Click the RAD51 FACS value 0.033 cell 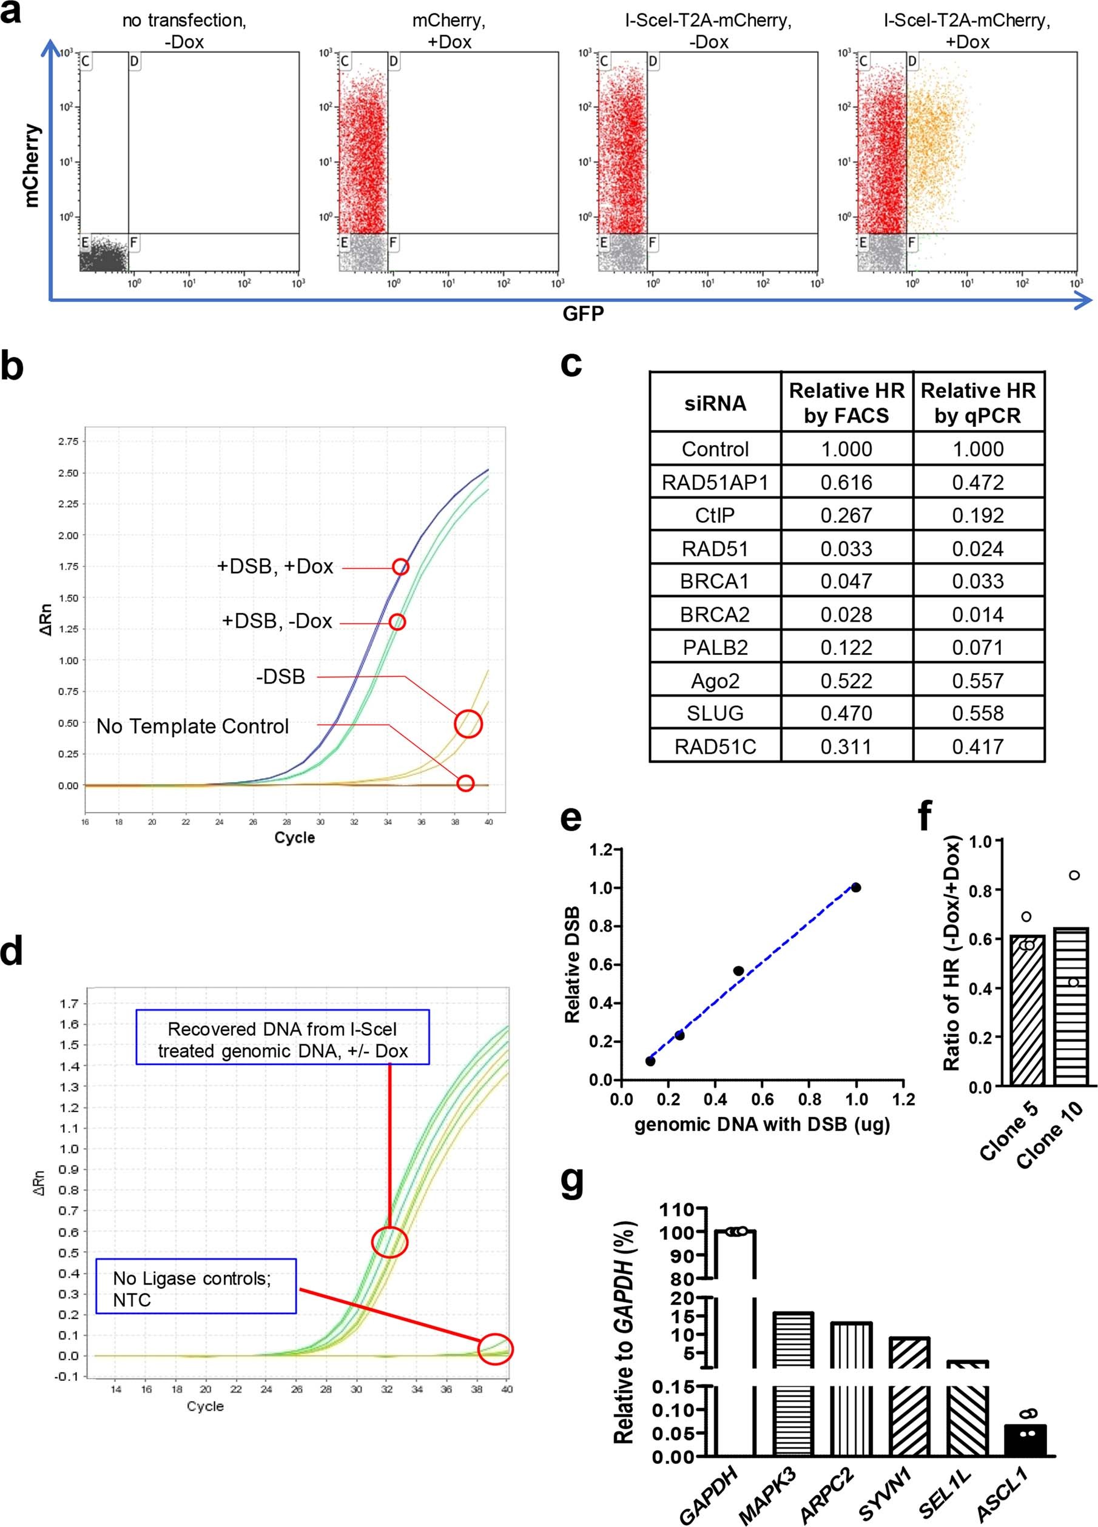pyautogui.click(x=846, y=549)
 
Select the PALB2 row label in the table pyautogui.click(x=715, y=648)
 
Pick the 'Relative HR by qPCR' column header pyautogui.click(x=977, y=403)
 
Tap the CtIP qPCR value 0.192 pyautogui.click(x=977, y=515)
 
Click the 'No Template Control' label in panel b pyautogui.click(x=193, y=727)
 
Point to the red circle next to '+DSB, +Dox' pyautogui.click(x=400, y=567)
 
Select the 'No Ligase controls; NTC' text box pyautogui.click(x=195, y=1289)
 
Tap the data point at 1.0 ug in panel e pyautogui.click(x=855, y=887)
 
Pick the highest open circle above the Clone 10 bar pyautogui.click(x=1074, y=875)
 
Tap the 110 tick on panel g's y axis pyautogui.click(x=681, y=1209)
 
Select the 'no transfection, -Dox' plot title pyautogui.click(x=184, y=31)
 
